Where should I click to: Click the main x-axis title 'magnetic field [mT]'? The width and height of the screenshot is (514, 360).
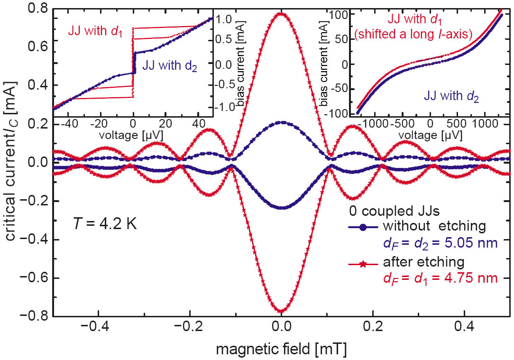(x=281, y=349)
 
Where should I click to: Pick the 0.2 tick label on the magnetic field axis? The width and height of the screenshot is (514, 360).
(x=373, y=327)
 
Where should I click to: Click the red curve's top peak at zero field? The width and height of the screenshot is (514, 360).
(x=281, y=13)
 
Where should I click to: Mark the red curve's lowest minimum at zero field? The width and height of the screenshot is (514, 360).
(x=281, y=312)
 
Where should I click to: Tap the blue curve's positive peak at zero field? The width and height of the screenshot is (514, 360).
(x=281, y=122)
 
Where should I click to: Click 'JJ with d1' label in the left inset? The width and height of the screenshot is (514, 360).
(x=88, y=35)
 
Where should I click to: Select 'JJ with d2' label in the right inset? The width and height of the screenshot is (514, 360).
(x=451, y=96)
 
